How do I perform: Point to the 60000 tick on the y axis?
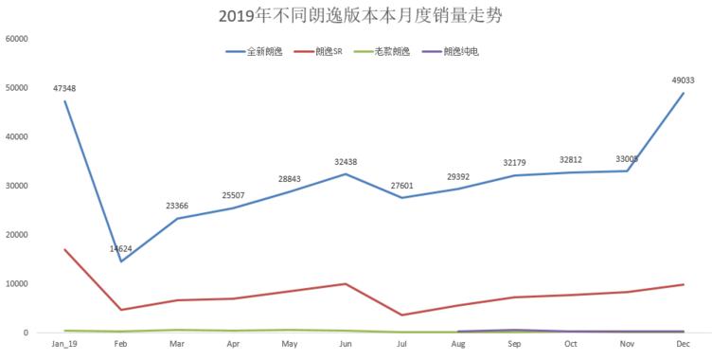[18, 39]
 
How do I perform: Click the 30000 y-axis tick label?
[18, 186]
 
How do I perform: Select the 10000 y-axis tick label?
[18, 284]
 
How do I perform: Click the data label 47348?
[64, 88]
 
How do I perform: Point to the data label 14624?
[121, 249]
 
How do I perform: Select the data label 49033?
[684, 81]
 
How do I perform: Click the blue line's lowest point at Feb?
[121, 261]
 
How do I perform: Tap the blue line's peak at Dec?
[684, 93]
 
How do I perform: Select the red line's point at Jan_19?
[64, 249]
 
